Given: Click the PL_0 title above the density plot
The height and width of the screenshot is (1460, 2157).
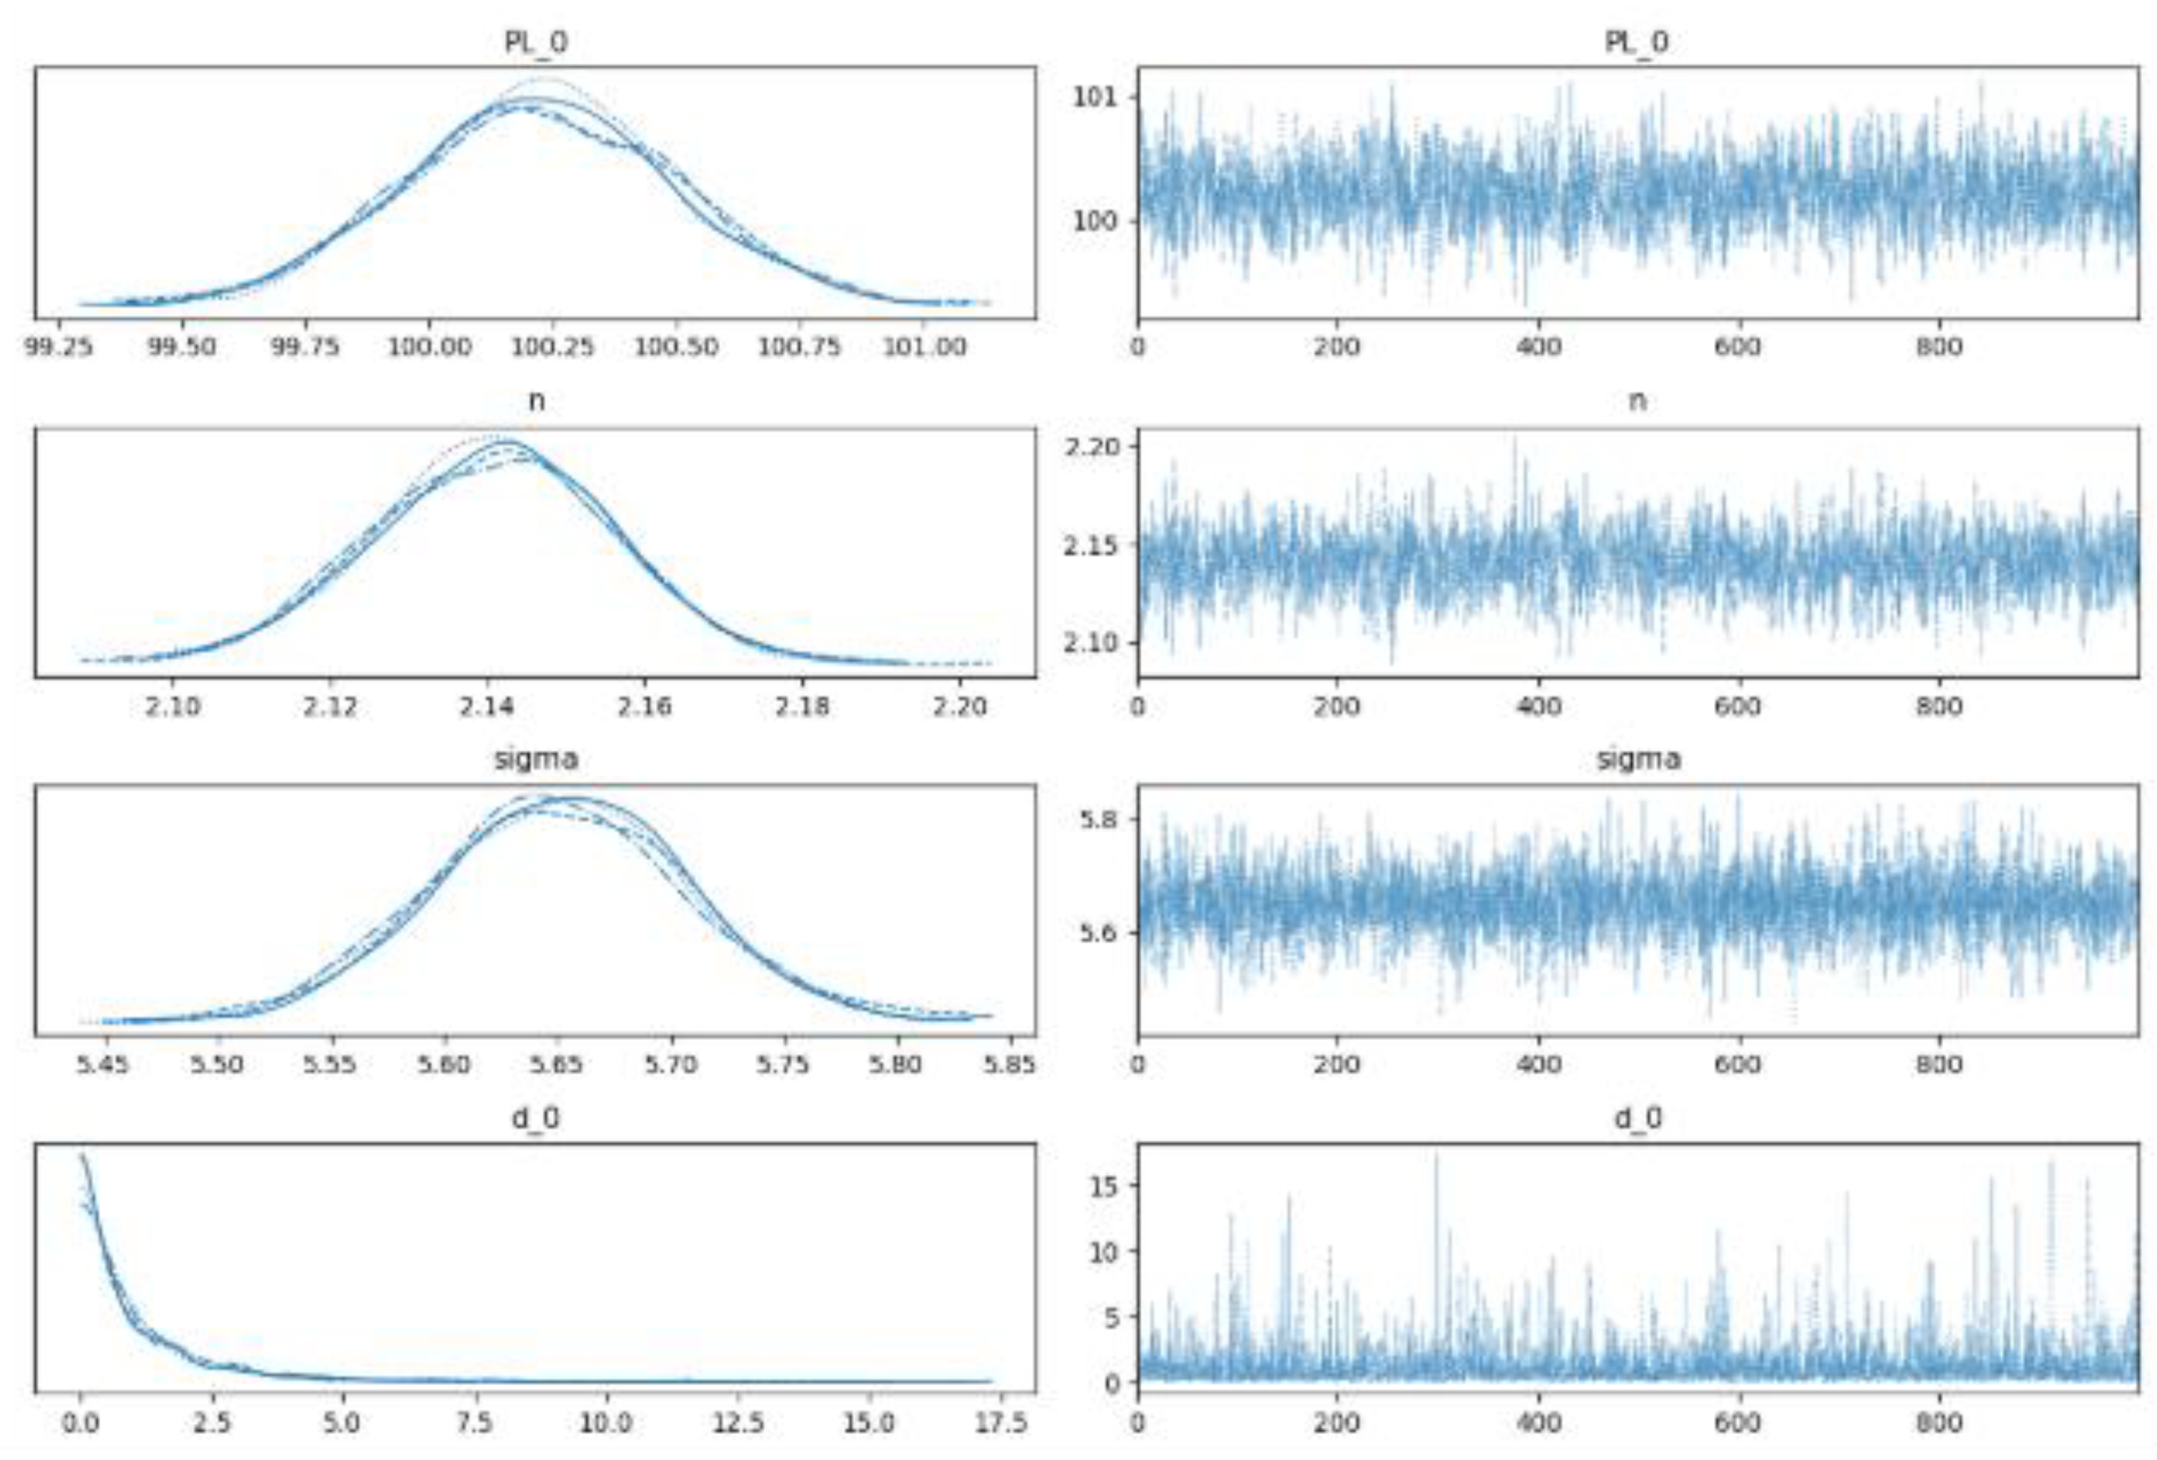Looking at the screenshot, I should tap(535, 42).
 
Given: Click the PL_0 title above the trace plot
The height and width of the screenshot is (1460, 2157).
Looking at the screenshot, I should tap(1637, 42).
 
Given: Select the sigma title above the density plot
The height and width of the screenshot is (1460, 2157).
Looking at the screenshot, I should tap(535, 759).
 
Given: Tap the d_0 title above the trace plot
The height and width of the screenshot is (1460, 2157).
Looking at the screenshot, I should tap(1637, 1118).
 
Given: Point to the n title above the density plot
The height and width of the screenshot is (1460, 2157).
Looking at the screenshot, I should tap(535, 401).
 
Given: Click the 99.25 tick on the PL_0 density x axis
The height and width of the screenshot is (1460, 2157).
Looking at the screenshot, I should tap(59, 346).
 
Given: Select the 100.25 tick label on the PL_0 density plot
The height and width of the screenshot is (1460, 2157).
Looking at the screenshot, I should tap(552, 346).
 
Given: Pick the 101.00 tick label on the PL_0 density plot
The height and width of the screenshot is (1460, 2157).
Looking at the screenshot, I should tap(923, 346).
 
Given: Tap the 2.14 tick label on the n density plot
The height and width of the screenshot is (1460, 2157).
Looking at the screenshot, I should tap(486, 706).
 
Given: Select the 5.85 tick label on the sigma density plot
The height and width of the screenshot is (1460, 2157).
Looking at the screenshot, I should tap(1009, 1064).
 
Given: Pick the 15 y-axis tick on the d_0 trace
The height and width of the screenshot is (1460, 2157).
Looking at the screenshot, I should tap(1103, 1185).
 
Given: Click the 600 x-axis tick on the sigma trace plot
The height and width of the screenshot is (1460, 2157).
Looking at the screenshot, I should tap(1737, 1064).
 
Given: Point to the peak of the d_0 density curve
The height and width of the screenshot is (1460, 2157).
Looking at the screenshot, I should tap(82, 1155).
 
